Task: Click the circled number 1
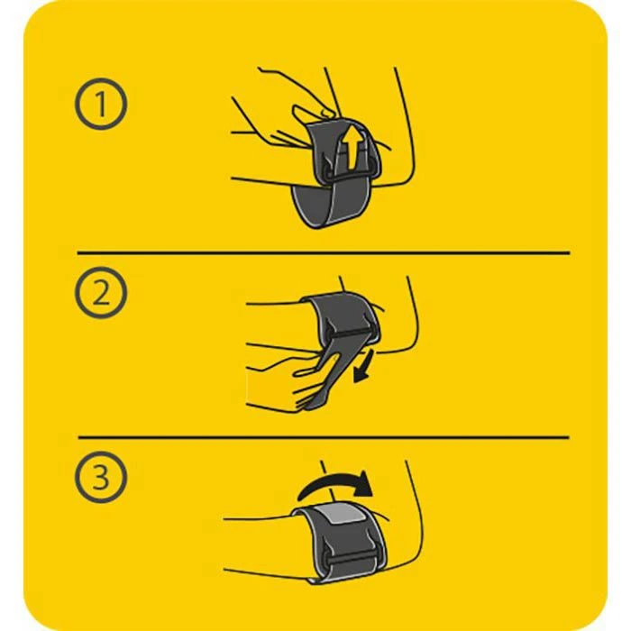coord(101,104)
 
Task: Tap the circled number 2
coord(101,293)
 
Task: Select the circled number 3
coord(101,477)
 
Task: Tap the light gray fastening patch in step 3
coord(342,515)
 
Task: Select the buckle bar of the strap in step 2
coord(351,332)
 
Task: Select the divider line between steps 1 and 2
coord(324,253)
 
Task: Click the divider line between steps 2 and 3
coord(324,437)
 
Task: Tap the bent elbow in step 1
coord(407,169)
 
